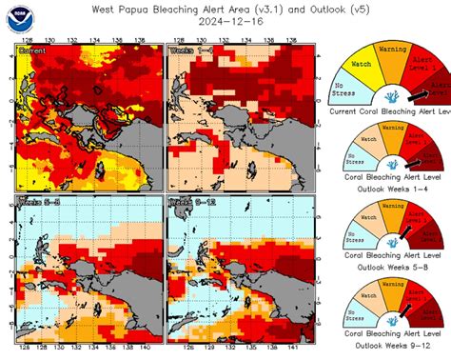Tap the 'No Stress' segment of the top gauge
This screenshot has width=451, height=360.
pos(345,90)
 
